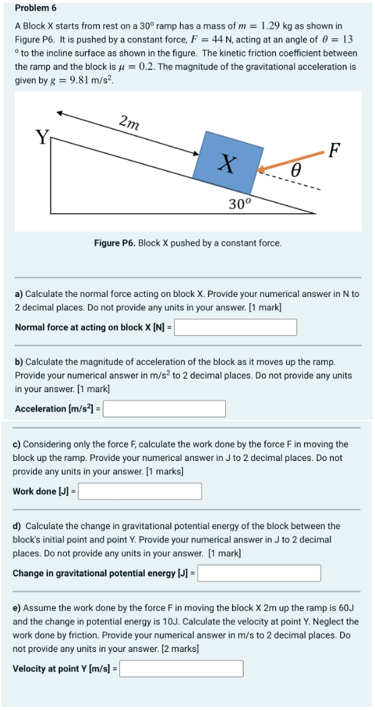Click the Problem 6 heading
35,7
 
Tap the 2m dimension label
129,124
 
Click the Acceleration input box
165,409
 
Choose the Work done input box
140,491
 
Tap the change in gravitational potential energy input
259,573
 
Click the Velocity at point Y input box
181,669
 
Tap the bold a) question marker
19,294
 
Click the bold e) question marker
17,608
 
